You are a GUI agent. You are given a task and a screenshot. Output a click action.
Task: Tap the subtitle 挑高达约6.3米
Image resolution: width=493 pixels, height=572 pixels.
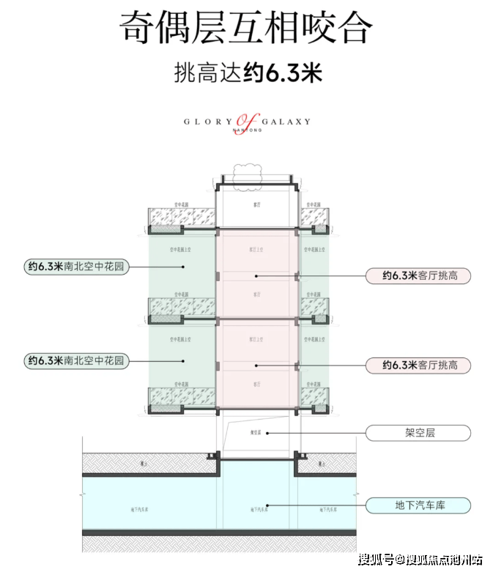click(246, 73)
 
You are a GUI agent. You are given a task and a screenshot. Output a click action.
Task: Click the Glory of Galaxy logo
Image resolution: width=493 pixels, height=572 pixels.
click(248, 122)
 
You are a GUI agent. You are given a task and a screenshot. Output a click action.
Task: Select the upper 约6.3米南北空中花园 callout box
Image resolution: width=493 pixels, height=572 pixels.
click(75, 267)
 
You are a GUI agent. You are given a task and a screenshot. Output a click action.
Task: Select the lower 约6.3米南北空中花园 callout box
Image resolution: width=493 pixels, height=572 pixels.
click(75, 360)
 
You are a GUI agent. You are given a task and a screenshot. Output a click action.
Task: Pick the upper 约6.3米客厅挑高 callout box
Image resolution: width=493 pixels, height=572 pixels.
click(417, 276)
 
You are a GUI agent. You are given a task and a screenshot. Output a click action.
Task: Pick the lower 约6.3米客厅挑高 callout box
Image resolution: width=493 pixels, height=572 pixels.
click(417, 364)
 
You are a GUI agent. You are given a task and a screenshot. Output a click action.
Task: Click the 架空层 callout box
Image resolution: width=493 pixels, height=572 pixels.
click(417, 433)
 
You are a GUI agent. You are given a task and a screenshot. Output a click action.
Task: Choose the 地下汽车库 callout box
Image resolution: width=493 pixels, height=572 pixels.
click(417, 505)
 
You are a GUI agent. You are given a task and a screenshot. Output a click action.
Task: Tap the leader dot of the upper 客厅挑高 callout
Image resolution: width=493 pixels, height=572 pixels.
click(256, 276)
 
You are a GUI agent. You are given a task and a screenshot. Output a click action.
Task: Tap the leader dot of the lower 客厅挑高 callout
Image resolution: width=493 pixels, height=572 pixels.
click(256, 364)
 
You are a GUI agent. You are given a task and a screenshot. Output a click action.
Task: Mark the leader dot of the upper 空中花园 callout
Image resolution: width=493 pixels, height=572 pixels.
click(182, 267)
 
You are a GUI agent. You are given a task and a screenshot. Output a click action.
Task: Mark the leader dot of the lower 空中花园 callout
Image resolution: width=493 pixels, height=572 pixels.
click(182, 360)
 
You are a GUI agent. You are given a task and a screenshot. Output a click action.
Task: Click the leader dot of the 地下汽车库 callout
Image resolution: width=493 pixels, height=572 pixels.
click(269, 505)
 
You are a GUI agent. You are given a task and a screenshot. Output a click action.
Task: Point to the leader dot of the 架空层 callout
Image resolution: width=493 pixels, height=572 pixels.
click(268, 433)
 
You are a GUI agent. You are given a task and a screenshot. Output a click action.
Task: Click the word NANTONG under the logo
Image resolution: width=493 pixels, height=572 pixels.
click(248, 130)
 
